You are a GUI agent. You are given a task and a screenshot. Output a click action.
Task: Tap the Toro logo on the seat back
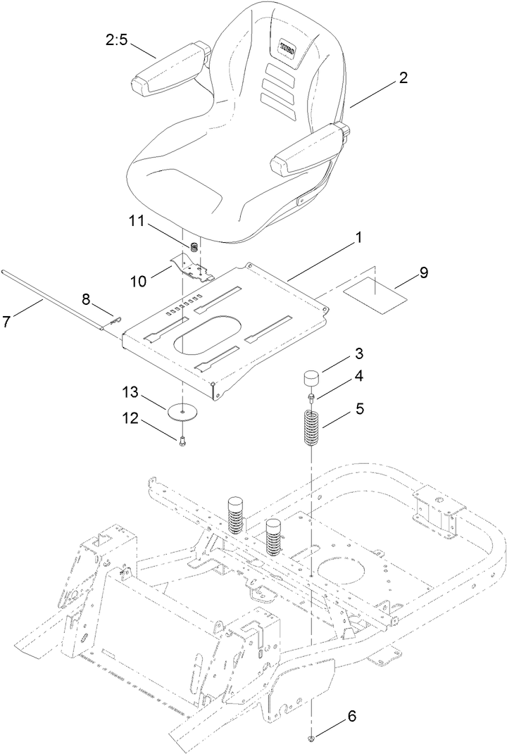click(286, 48)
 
